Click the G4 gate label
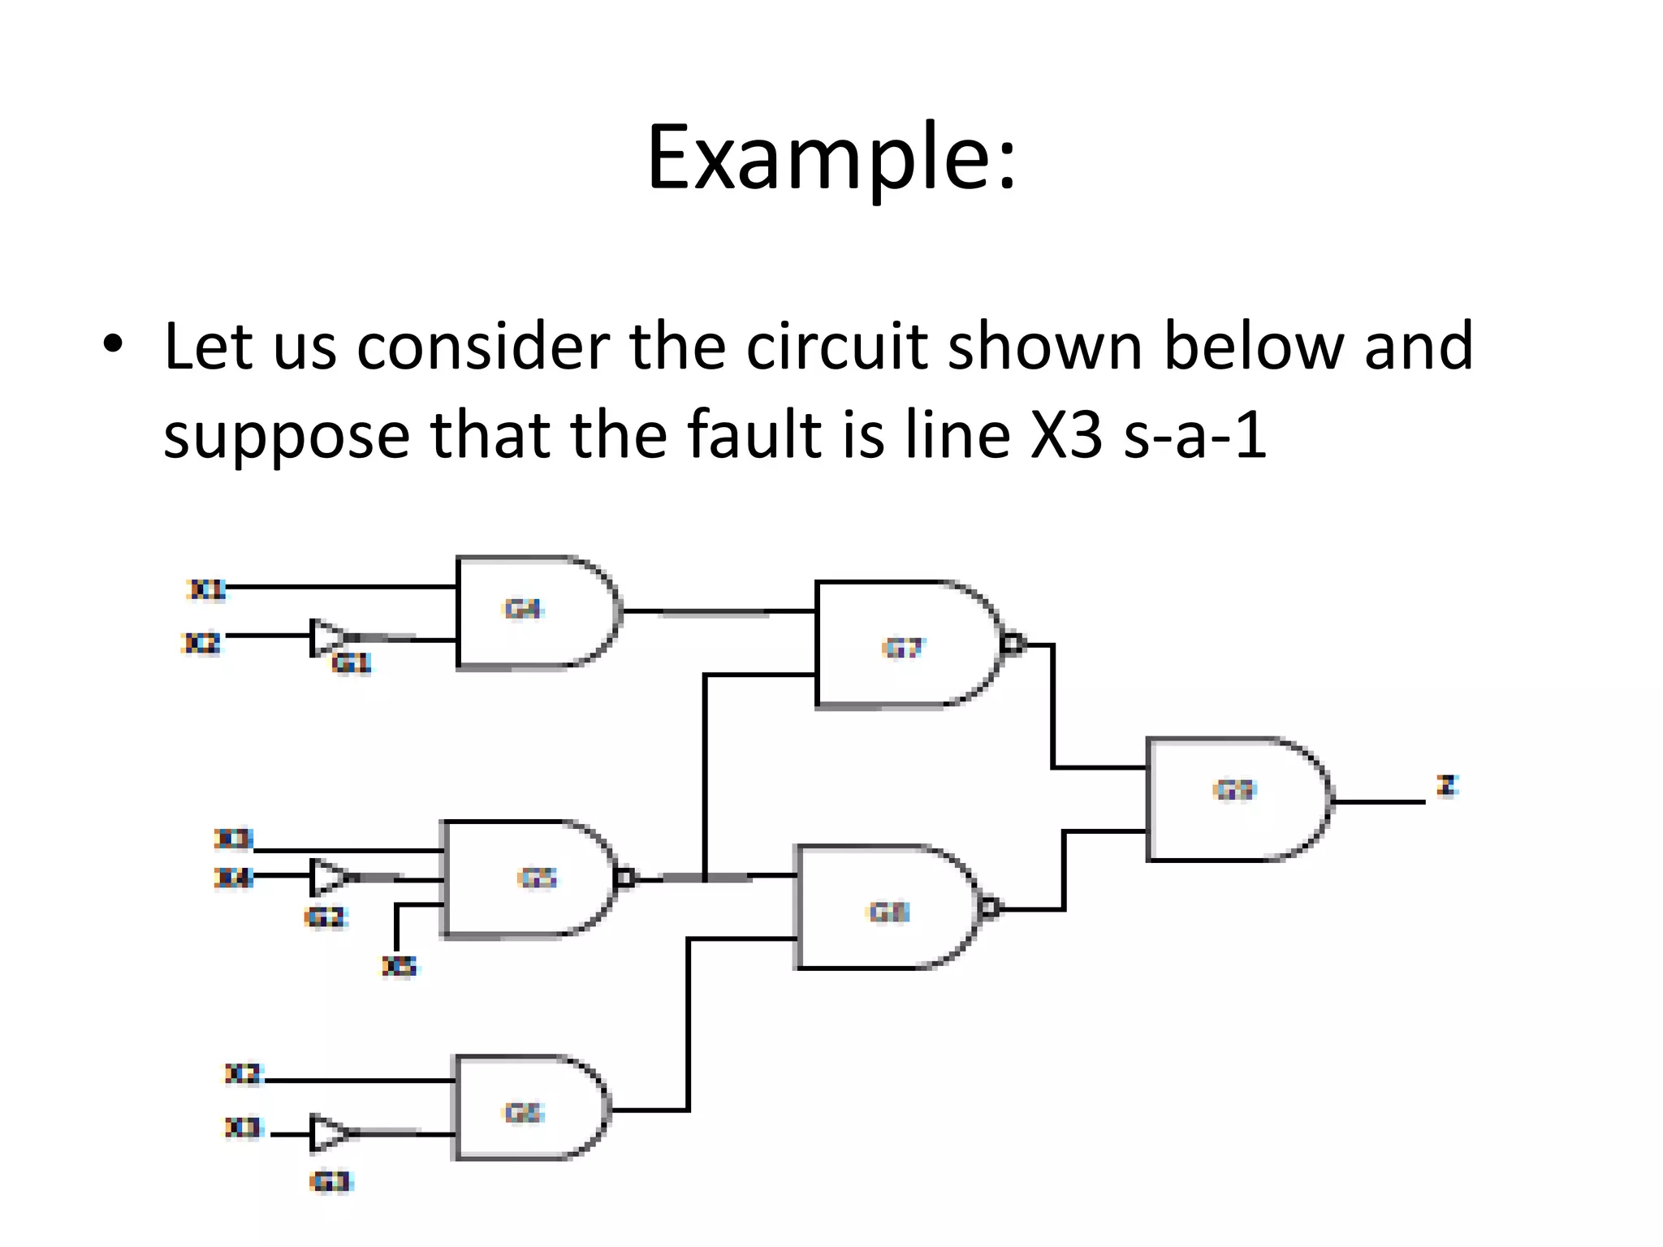coord(522,609)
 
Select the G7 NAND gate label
coord(903,648)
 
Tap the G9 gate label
coord(1234,789)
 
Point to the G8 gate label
coord(889,913)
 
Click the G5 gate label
coord(537,878)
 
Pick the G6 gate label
coord(523,1112)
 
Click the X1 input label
coord(206,589)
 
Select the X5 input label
coord(399,966)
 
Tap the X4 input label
coord(233,878)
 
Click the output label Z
coord(1447,786)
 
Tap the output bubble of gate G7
coord(1012,645)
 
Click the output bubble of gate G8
coord(990,908)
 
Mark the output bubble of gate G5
coord(624,878)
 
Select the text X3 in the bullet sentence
coord(1066,436)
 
